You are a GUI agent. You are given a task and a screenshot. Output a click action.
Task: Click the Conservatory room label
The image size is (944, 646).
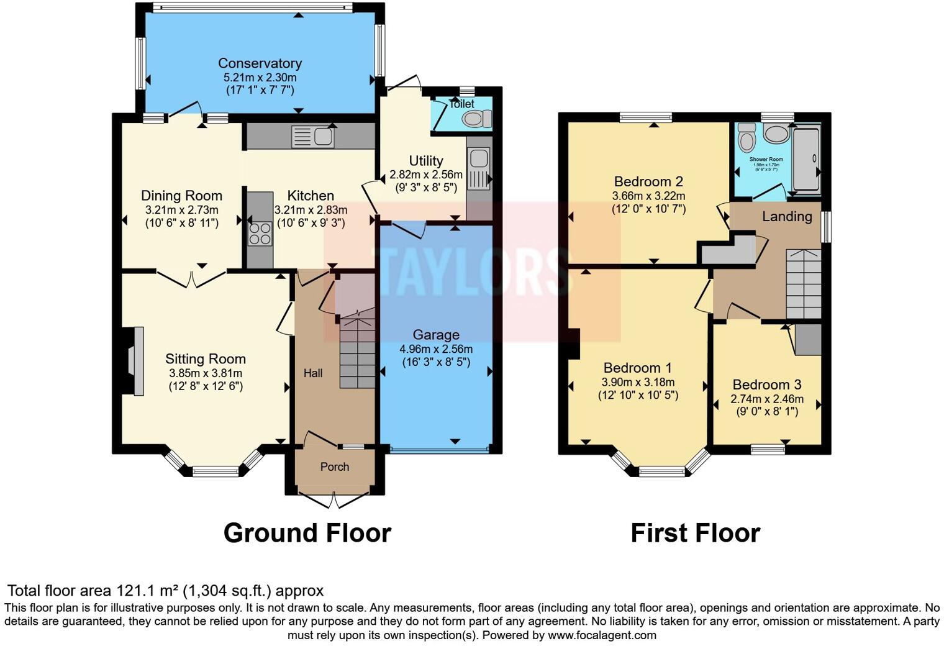point(260,63)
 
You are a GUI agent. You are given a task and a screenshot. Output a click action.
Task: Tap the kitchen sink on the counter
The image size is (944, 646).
point(313,137)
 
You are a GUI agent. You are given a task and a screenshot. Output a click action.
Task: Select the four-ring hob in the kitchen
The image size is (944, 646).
point(260,234)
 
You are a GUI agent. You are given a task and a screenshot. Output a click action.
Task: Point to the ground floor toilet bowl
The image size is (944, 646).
point(476,119)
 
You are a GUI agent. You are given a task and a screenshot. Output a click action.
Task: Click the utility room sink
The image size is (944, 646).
point(479,170)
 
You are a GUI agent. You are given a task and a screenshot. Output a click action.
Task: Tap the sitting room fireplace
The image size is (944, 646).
point(135,360)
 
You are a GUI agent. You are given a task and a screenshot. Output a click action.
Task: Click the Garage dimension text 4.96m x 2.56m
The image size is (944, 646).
point(436,348)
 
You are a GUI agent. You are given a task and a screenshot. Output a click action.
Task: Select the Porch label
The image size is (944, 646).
point(335,466)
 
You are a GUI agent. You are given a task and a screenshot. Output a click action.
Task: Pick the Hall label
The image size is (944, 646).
point(313,373)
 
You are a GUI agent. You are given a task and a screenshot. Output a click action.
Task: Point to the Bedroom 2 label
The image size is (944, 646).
point(648,181)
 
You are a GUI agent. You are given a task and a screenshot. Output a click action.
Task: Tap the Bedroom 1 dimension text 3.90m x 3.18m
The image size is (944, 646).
point(638,382)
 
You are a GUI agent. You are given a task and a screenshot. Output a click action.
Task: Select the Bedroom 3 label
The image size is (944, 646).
point(766,384)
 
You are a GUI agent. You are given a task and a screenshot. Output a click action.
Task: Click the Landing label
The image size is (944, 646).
point(787,216)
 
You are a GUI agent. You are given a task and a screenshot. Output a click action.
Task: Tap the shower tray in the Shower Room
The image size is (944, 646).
point(806,158)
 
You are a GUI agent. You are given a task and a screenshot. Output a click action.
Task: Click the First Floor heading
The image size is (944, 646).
point(695,533)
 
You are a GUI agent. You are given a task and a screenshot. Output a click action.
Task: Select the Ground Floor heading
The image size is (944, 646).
point(307,533)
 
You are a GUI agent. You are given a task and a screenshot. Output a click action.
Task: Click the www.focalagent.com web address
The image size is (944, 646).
point(602,635)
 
